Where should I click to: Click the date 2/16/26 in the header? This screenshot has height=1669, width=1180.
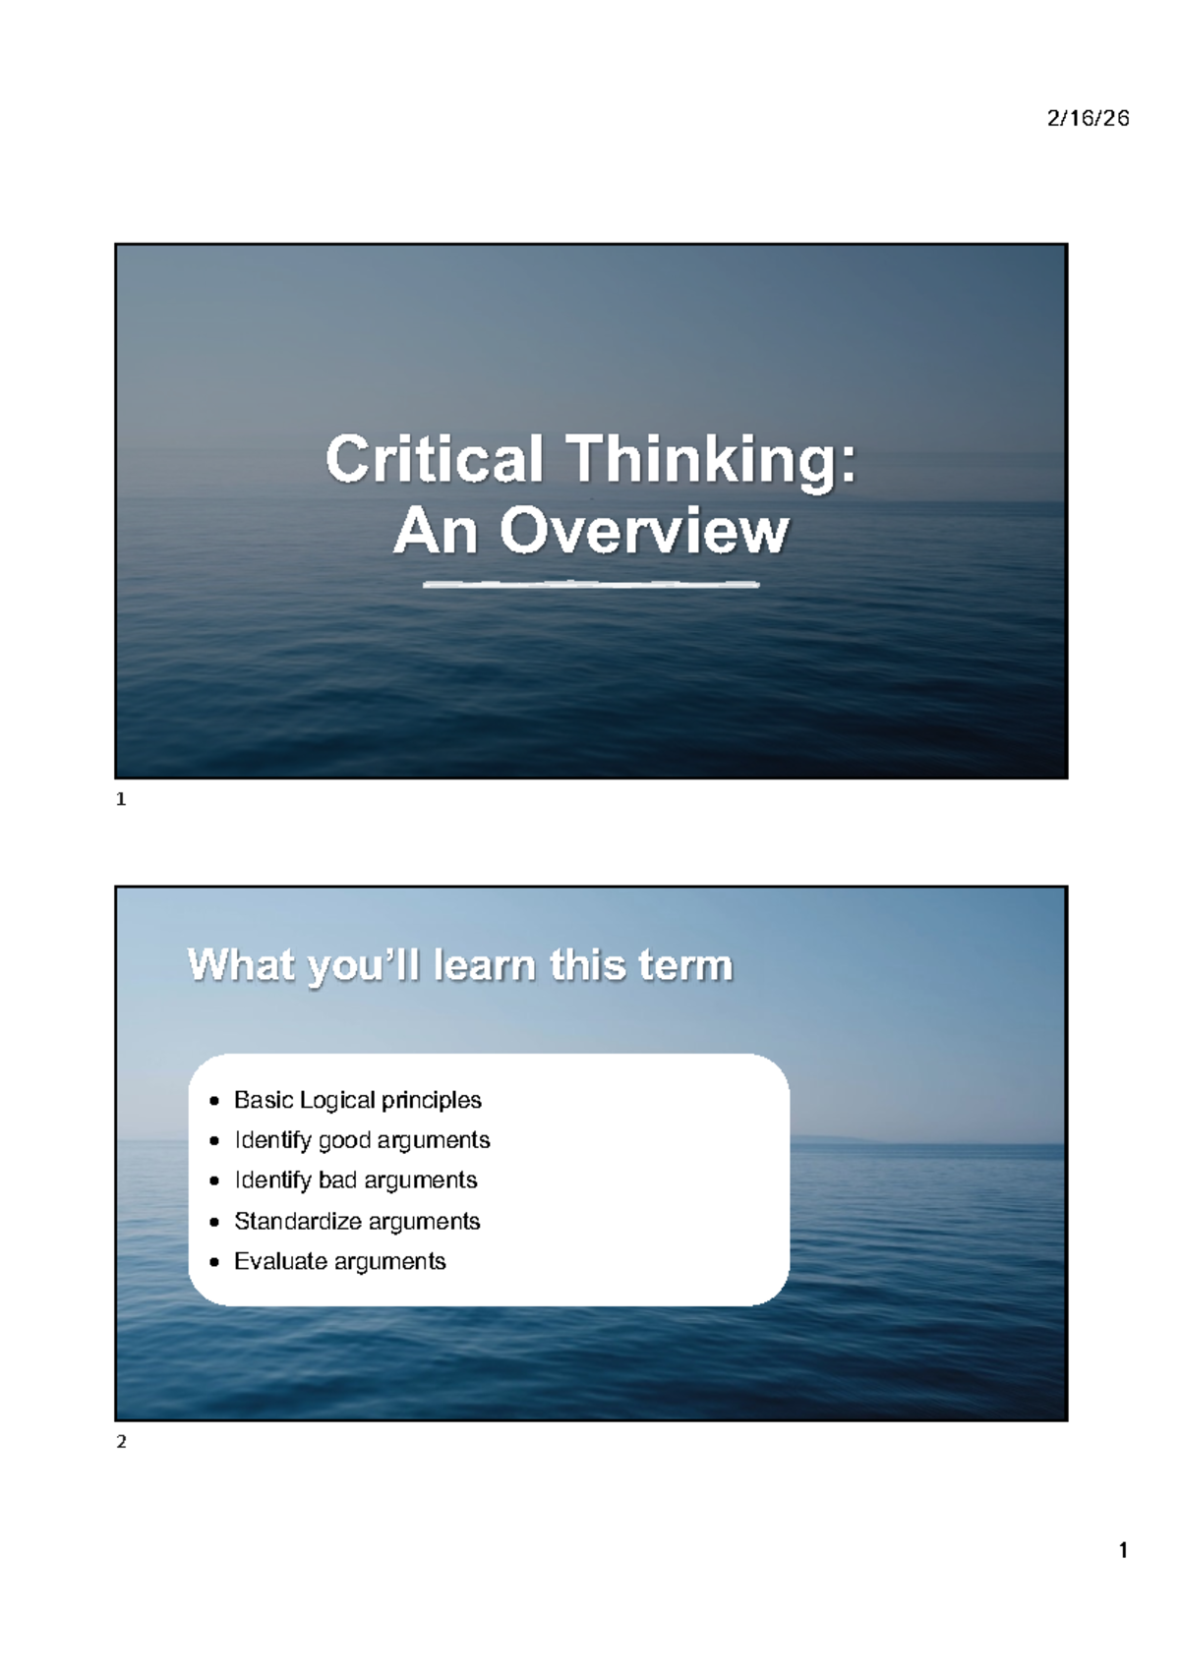[x=1088, y=119]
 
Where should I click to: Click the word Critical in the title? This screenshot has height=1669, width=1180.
[x=434, y=460]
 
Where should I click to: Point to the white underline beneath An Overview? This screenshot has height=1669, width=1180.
[x=590, y=585]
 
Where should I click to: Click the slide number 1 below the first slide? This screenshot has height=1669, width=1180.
[x=122, y=801]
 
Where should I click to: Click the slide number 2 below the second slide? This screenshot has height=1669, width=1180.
[x=122, y=1442]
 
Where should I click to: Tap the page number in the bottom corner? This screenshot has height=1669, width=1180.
[x=1123, y=1551]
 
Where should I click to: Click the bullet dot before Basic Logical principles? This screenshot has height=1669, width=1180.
[x=214, y=1101]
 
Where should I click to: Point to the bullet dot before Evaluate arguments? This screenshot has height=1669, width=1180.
[x=214, y=1262]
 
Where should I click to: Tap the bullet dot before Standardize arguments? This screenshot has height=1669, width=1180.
[x=214, y=1222]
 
